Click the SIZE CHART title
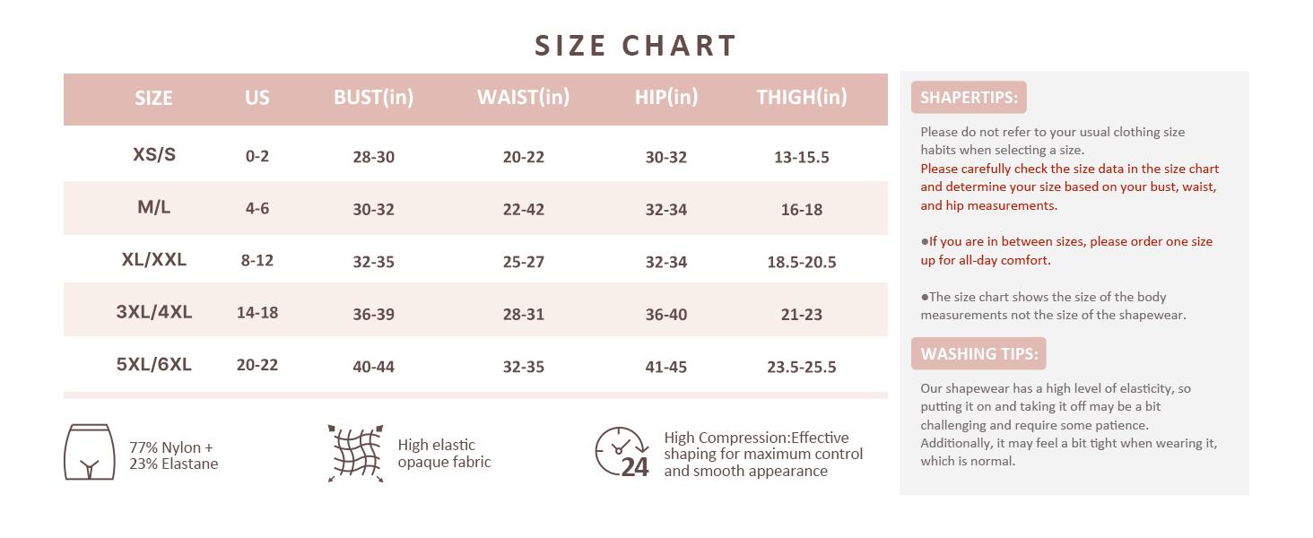click(x=635, y=46)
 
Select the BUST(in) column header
click(x=373, y=97)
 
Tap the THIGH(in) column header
click(x=801, y=97)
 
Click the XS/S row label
click(x=154, y=154)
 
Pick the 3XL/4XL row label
click(x=154, y=312)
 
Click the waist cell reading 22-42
click(x=523, y=209)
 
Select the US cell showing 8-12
click(x=257, y=260)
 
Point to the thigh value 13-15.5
click(x=801, y=157)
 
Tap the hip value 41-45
click(x=665, y=367)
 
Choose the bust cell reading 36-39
click(x=373, y=314)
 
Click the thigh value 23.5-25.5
click(x=801, y=367)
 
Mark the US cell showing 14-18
click(x=257, y=312)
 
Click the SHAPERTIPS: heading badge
click(x=969, y=98)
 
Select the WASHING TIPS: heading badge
click(x=978, y=354)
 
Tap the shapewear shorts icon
click(x=89, y=453)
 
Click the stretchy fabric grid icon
click(x=355, y=454)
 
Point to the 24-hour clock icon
click(x=622, y=452)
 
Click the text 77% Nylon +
click(x=171, y=447)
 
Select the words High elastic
click(x=436, y=445)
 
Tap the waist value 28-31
click(x=523, y=314)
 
